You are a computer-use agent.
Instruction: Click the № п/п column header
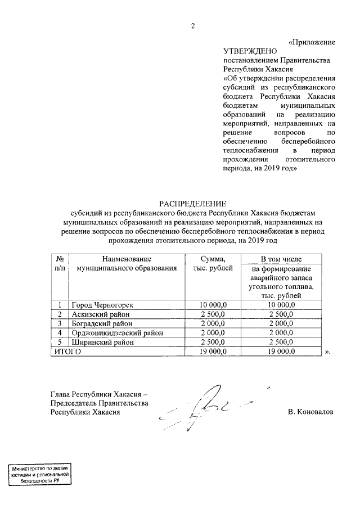tap(59, 263)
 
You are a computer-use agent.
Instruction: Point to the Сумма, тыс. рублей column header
tap(209, 263)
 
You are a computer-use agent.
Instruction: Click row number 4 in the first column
tap(59, 333)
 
